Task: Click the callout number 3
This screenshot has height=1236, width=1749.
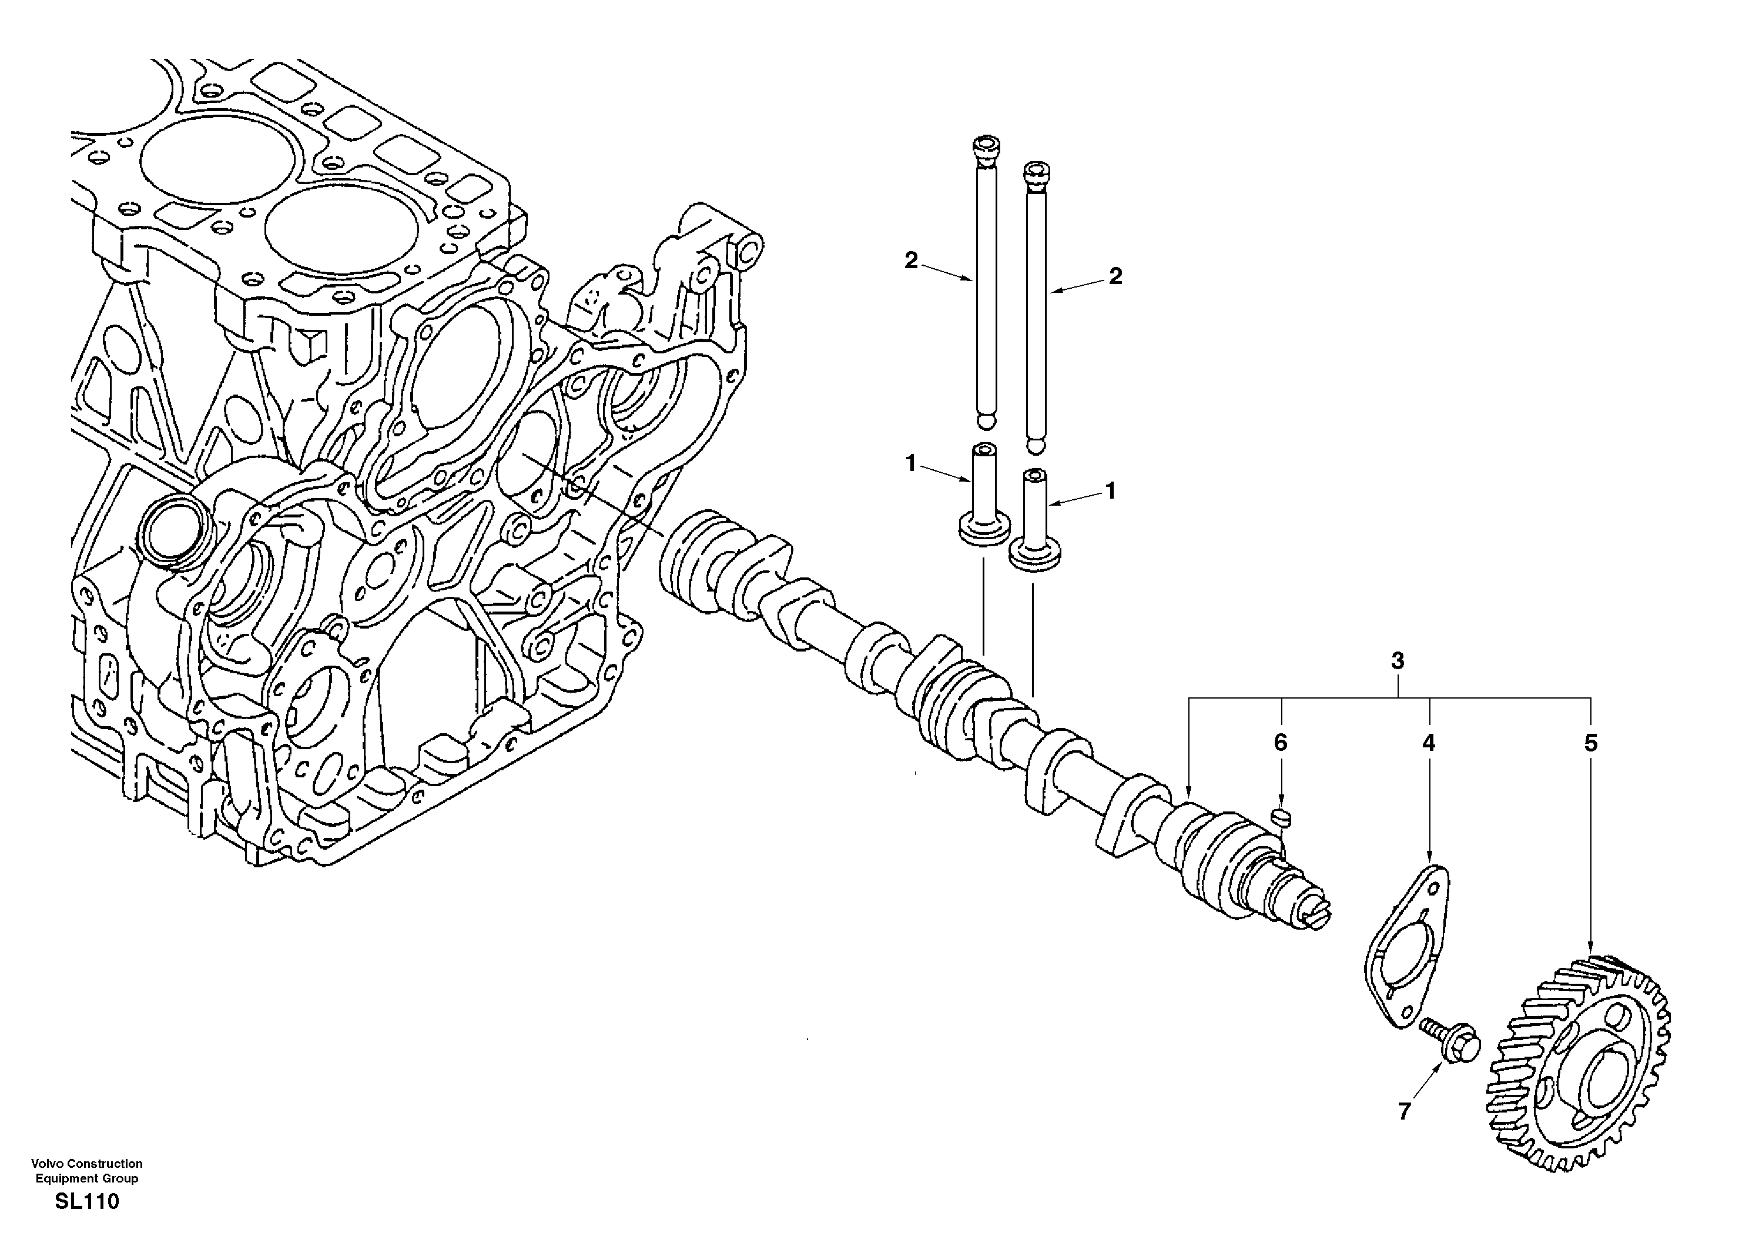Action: coord(1397,662)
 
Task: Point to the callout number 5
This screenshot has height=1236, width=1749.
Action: coord(1590,743)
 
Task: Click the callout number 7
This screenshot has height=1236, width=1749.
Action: coord(1404,1112)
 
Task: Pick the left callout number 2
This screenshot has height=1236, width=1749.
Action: coord(911,260)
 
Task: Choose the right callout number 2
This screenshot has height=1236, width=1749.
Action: coord(1115,276)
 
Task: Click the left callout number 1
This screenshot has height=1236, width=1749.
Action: coord(910,463)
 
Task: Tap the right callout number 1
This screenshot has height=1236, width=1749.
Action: coord(1111,491)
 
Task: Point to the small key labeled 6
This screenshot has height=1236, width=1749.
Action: coord(1282,819)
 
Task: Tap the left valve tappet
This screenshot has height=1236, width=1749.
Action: coord(983,503)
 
